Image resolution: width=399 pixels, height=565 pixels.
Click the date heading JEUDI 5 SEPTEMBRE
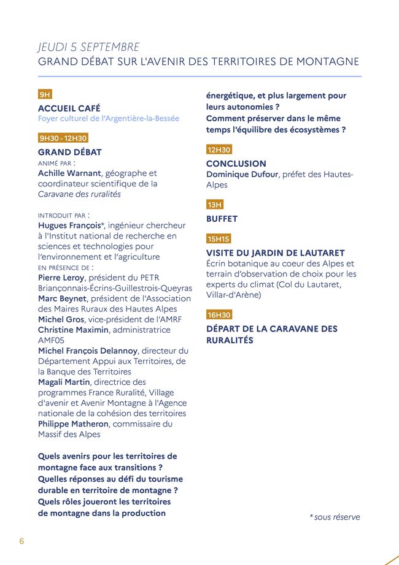pos(89,47)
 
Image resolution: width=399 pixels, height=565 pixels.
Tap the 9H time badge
pos(45,94)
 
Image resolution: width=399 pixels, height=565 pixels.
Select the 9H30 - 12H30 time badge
pos(63,138)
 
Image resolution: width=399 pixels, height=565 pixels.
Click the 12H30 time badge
pos(219,150)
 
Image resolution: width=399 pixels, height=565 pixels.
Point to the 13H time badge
pos(215,205)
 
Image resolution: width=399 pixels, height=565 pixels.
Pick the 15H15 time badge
pos(219,239)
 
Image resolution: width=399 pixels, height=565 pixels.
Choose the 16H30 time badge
pos(219,315)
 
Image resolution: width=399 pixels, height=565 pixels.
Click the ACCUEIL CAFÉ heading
pos(69,108)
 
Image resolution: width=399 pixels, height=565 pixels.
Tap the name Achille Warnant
pos(69,173)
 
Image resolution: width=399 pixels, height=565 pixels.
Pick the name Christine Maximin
pos(74,330)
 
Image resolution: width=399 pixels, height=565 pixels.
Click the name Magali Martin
pos(64,382)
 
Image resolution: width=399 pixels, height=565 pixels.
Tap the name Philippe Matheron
pos(74,423)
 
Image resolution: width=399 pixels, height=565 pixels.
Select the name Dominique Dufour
pos(241,174)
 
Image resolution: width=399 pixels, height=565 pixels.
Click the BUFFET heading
pos(222,219)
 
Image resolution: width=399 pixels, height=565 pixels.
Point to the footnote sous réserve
pos(335,517)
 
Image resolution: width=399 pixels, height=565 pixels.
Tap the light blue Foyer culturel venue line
pos(109,118)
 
